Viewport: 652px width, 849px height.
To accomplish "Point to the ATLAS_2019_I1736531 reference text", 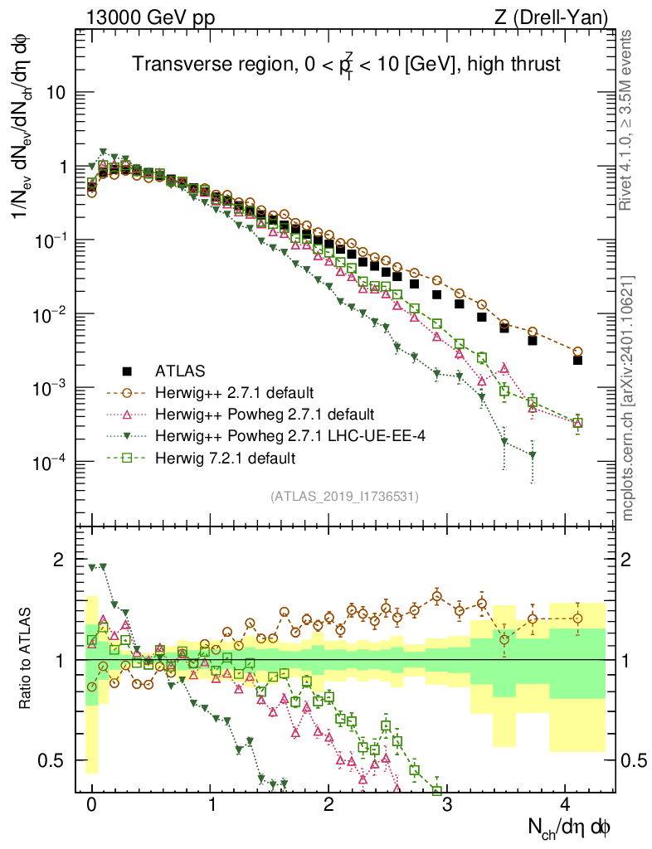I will [x=344, y=497].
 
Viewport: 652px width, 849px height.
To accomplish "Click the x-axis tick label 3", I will [x=446, y=805].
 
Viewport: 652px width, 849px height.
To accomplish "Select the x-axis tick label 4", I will [x=565, y=805].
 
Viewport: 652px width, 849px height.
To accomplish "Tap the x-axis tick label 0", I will [x=91, y=805].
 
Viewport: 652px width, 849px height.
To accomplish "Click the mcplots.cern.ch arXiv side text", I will [x=628, y=398].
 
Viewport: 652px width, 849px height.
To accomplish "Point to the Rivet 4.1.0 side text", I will [x=628, y=116].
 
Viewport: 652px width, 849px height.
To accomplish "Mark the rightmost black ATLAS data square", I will [x=577, y=360].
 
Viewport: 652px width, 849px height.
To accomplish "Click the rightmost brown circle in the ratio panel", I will [x=577, y=619].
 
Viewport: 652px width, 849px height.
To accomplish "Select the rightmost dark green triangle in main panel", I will [x=533, y=455].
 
